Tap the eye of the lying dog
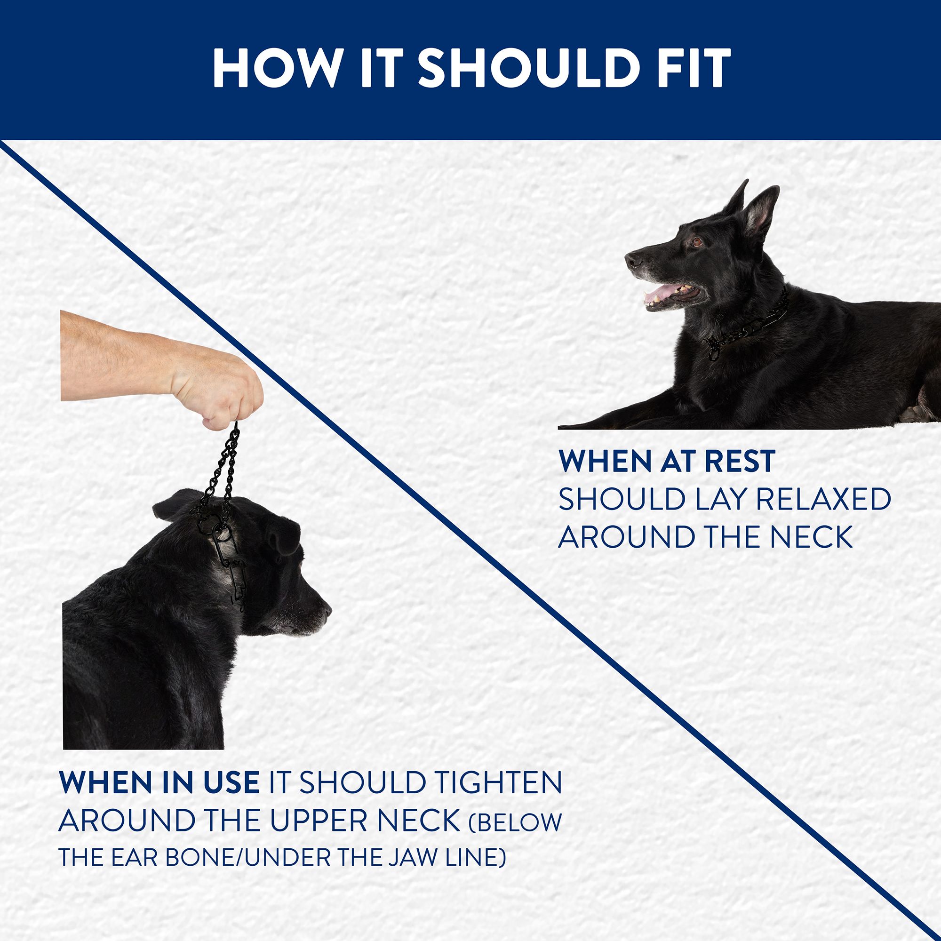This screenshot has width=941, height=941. click(697, 241)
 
